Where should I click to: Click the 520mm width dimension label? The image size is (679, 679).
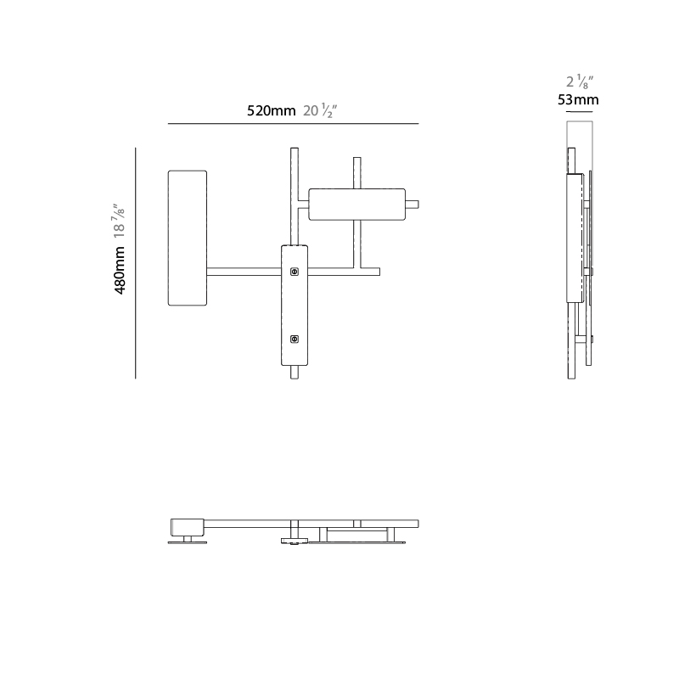coord(271,111)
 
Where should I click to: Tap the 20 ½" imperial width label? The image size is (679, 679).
coord(320,111)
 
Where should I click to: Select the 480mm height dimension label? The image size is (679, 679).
coord(120,271)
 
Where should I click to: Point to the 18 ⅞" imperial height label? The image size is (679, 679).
coord(119,221)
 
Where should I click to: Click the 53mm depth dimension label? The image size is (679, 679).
coord(578,100)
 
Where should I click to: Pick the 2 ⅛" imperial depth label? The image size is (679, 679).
coord(580,81)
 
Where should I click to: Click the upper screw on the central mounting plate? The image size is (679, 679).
coord(295,272)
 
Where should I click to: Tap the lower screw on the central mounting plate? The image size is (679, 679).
coord(295,339)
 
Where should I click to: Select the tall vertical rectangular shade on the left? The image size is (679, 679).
coord(188,238)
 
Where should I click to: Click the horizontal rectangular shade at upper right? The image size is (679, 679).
coord(356,205)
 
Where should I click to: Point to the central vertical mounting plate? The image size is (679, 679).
coord(295,306)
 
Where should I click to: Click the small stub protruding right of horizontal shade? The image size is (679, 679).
coord(412,205)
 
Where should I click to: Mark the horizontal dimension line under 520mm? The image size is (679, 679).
coord(293,123)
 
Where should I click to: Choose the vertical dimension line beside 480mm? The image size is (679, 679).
coord(136,263)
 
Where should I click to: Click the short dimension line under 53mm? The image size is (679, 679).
coord(580,112)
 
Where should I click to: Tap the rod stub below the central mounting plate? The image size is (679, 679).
coord(295,373)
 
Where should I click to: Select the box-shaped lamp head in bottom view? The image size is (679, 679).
coord(187,527)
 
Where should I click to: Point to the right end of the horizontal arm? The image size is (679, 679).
coord(379,272)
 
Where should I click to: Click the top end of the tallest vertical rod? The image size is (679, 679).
coord(295,148)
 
